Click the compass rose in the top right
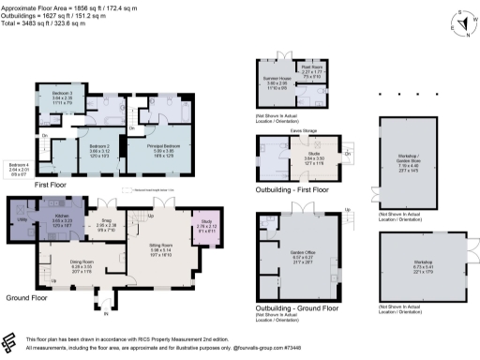tap(458, 22)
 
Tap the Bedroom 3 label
tap(62, 94)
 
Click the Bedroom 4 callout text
tap(19, 165)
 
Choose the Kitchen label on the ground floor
tap(62, 215)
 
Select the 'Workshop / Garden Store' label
tap(413, 166)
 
